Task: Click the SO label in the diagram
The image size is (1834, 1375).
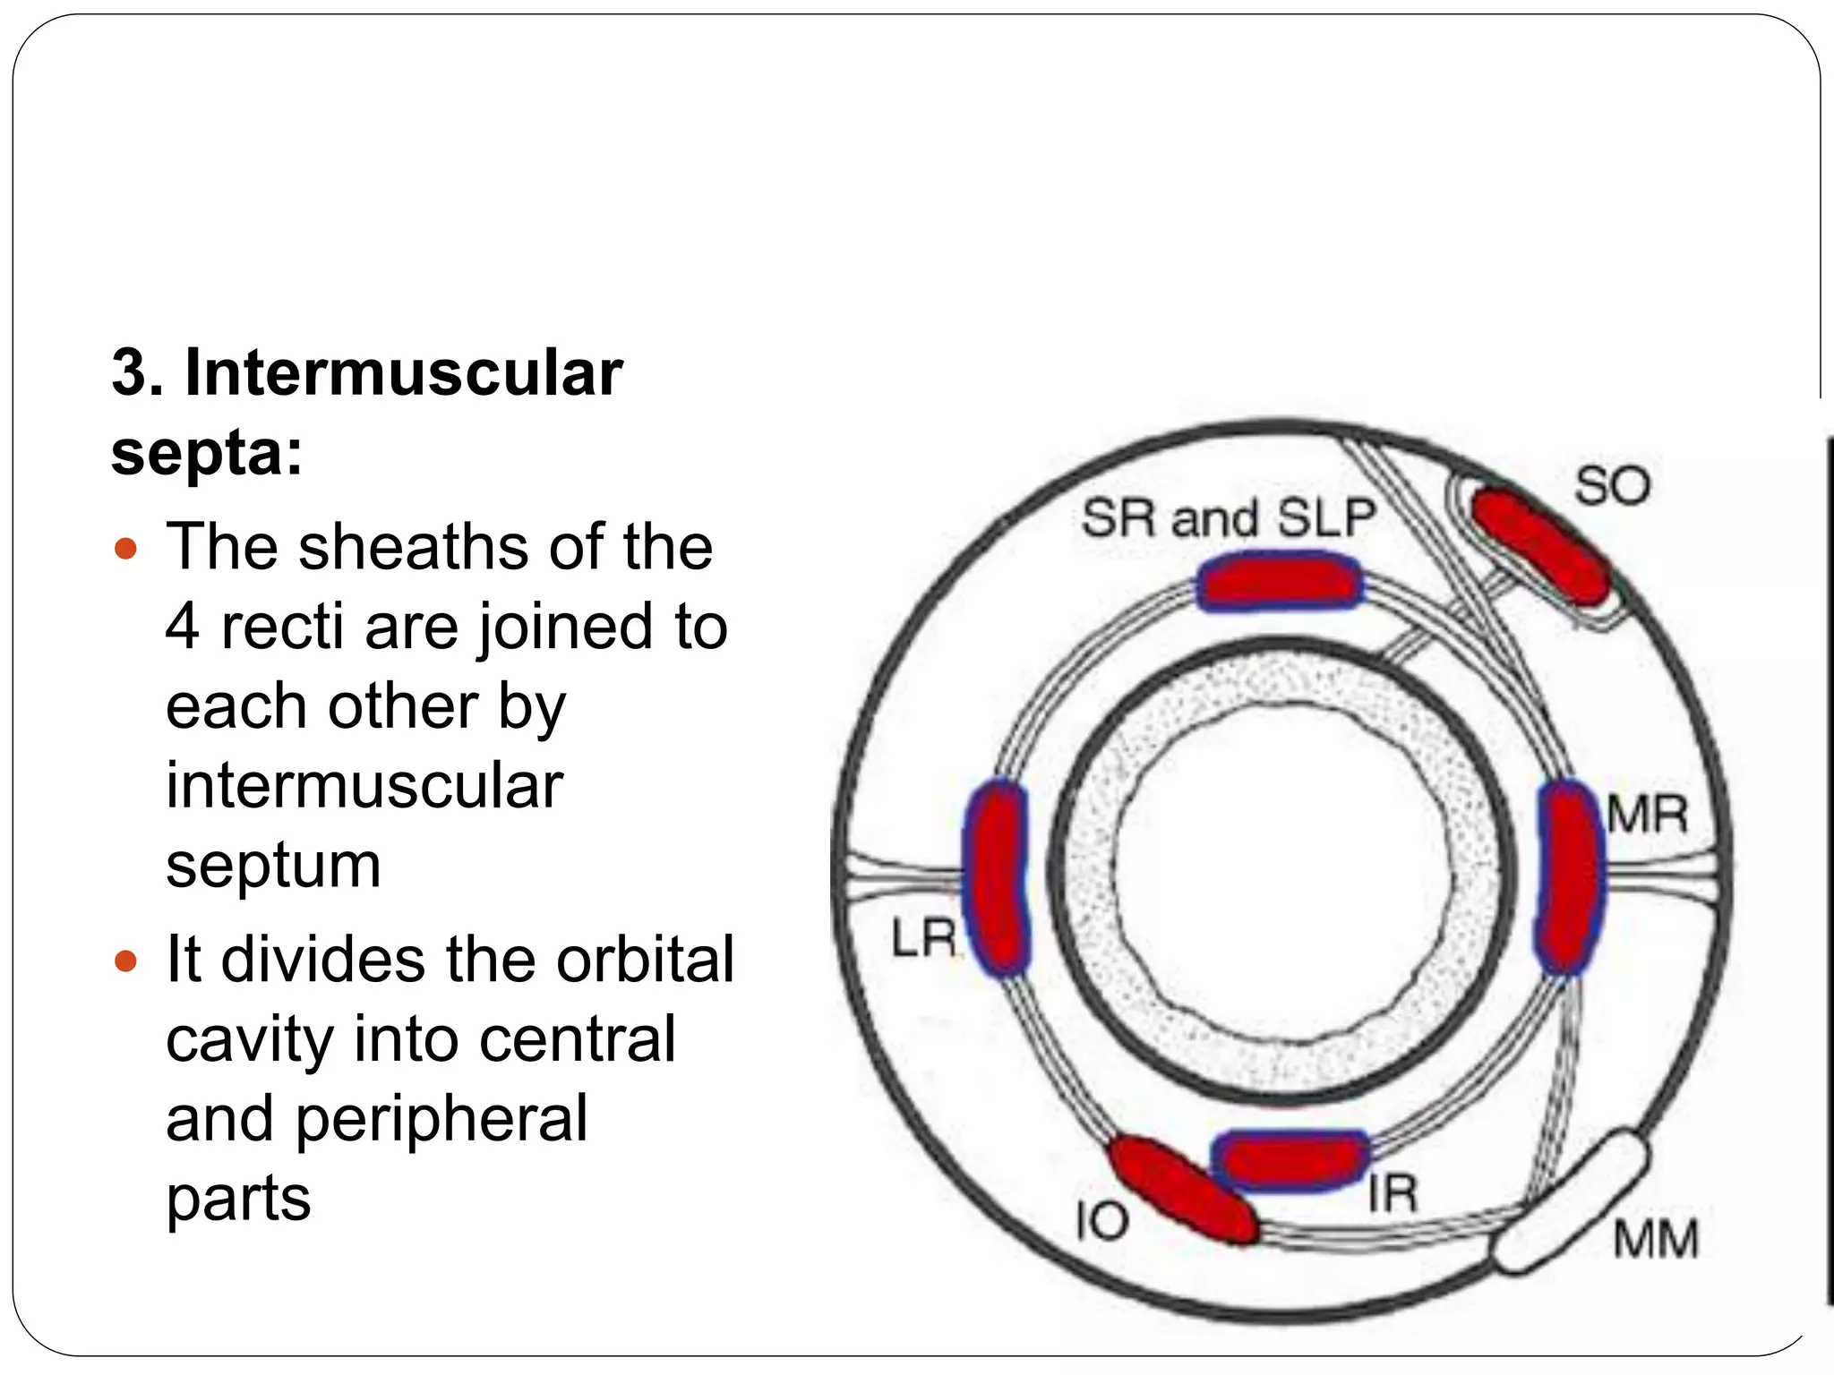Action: tap(1611, 487)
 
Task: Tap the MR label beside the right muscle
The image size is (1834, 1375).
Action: tap(1647, 816)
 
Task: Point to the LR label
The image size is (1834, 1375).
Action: tap(923, 939)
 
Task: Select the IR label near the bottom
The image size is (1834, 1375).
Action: tap(1393, 1193)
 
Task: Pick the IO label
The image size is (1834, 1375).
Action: tap(1101, 1221)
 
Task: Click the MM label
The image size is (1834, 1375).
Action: tap(1656, 1240)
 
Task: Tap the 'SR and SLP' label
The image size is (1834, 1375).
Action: tap(1228, 518)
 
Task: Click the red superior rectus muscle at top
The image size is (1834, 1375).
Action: tap(1279, 583)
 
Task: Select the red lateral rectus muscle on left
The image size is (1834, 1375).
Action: tap(996, 876)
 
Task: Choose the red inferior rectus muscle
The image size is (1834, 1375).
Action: tap(1290, 1161)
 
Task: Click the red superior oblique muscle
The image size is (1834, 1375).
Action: tap(1540, 545)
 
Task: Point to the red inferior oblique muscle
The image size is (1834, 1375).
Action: tap(1182, 1190)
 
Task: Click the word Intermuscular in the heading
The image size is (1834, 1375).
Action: tap(403, 372)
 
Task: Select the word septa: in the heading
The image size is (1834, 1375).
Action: tap(207, 452)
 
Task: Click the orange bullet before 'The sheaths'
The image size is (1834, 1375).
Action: tap(126, 548)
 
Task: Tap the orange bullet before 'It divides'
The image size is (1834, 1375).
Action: tap(126, 961)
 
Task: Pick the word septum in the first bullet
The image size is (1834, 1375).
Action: tap(273, 866)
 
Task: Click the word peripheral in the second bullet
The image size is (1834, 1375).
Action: tap(441, 1119)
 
